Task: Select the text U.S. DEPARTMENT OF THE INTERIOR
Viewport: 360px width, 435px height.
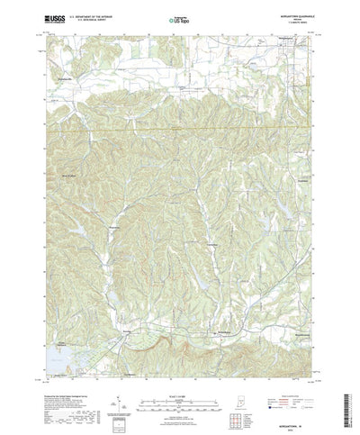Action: [x=109, y=14]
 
